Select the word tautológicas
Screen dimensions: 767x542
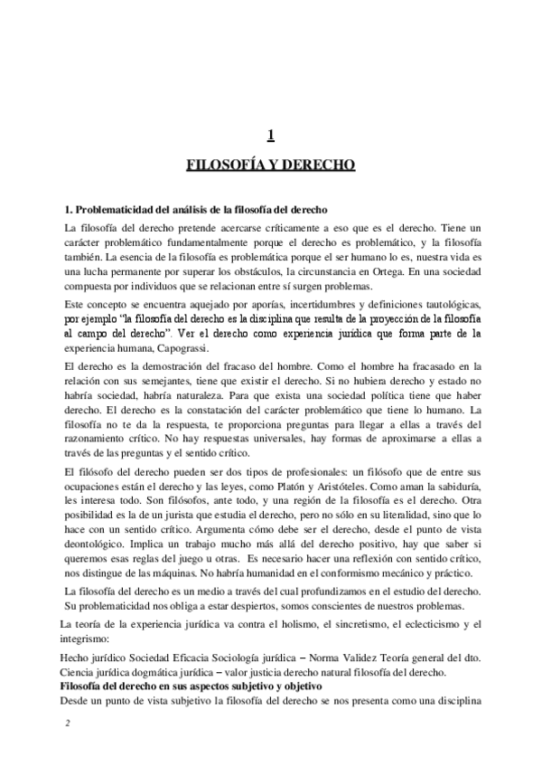pyautogui.click(x=445, y=299)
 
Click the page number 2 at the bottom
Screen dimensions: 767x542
pyautogui.click(x=67, y=724)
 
